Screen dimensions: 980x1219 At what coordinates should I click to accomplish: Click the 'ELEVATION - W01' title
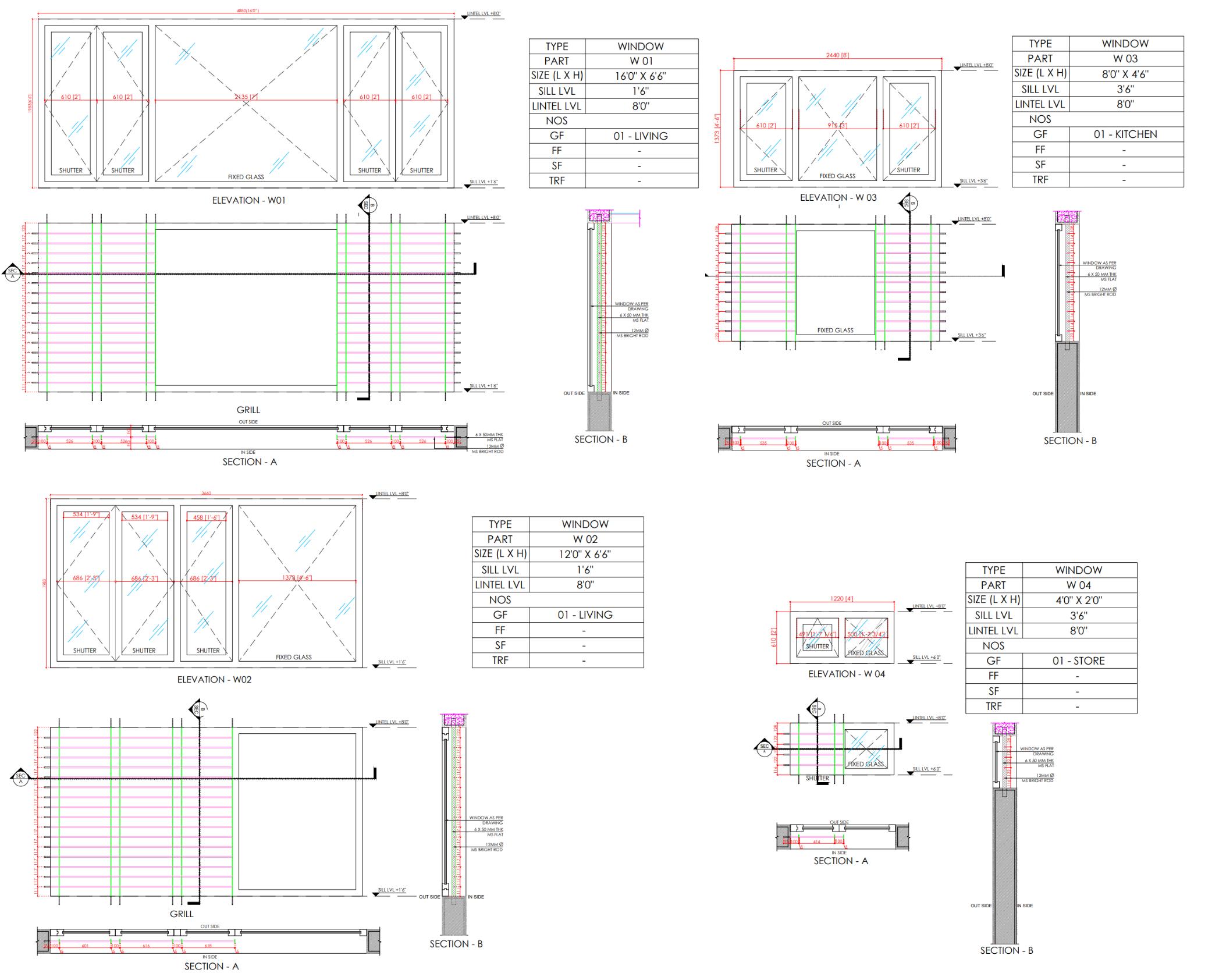pyautogui.click(x=248, y=200)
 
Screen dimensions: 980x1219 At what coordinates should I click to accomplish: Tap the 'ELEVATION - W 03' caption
pyautogui.click(x=838, y=197)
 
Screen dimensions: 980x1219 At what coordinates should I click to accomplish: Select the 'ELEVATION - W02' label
pyautogui.click(x=214, y=679)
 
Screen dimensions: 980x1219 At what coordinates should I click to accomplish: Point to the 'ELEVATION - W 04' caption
pyautogui.click(x=847, y=674)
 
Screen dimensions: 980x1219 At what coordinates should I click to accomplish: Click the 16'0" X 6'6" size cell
pyautogui.click(x=641, y=76)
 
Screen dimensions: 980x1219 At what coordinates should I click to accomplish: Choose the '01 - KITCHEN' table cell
pyautogui.click(x=1125, y=134)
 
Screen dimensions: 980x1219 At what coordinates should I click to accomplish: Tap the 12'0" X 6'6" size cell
pyautogui.click(x=585, y=555)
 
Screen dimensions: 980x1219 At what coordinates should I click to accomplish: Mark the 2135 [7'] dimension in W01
pyautogui.click(x=245, y=97)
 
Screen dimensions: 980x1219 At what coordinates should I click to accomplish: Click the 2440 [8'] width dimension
pyautogui.click(x=837, y=55)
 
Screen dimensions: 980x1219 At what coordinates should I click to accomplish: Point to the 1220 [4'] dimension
pyautogui.click(x=841, y=599)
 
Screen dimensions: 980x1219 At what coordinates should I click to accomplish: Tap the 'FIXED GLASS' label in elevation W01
pyautogui.click(x=246, y=177)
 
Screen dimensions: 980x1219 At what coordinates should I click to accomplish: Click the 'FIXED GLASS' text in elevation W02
pyautogui.click(x=293, y=657)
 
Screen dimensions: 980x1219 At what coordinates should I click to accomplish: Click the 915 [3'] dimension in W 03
pyautogui.click(x=837, y=125)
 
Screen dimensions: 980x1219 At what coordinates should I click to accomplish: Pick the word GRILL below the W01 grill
pyautogui.click(x=248, y=410)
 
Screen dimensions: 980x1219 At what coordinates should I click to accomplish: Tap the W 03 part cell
pyautogui.click(x=1125, y=58)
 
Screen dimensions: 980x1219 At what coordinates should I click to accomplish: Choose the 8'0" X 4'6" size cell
pyautogui.click(x=1125, y=74)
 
